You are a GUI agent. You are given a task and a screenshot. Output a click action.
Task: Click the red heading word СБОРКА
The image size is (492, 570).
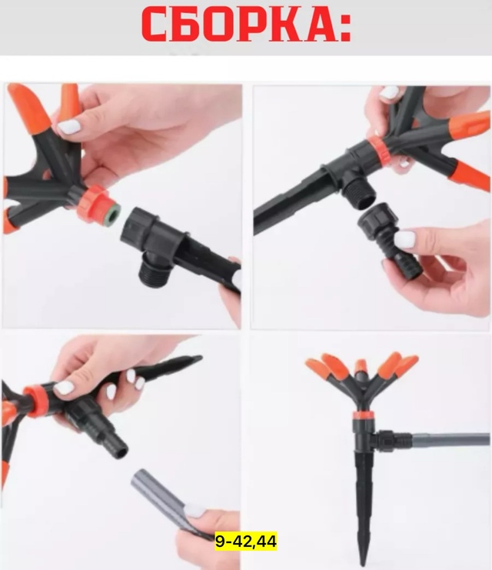point(239,24)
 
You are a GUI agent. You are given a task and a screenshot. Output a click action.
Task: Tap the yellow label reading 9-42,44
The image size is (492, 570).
point(246,542)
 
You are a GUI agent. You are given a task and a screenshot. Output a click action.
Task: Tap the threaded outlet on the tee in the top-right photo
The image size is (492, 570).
point(359,195)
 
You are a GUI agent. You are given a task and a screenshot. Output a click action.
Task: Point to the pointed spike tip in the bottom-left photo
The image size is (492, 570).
point(199,358)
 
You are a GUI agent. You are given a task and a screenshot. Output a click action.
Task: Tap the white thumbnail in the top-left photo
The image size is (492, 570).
point(68,126)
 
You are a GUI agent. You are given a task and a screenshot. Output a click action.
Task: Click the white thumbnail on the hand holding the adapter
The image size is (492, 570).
point(404,239)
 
